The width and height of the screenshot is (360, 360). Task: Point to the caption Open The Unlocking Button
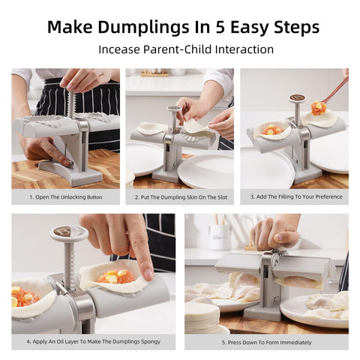pyautogui.click(x=65, y=197)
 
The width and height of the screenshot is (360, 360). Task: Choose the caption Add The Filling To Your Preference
pyautogui.click(x=294, y=197)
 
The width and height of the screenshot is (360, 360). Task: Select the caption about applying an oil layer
pyautogui.click(x=93, y=342)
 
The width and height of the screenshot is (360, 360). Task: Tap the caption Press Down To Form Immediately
pyautogui.click(x=266, y=342)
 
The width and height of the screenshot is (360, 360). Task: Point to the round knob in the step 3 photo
pyautogui.click(x=297, y=98)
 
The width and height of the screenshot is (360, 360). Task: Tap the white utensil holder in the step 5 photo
pyautogui.click(x=219, y=237)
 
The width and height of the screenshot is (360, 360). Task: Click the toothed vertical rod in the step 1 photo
pyautogui.click(x=73, y=104)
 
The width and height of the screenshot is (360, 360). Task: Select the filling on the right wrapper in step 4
pyautogui.click(x=116, y=277)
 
